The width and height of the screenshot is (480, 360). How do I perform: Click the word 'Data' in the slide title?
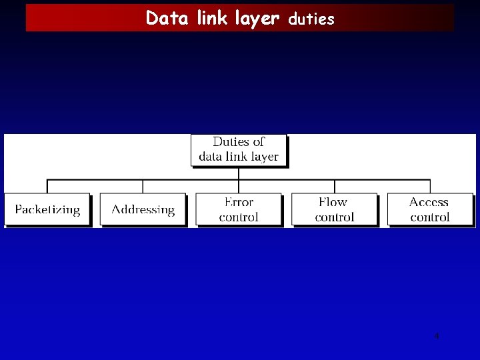(163, 18)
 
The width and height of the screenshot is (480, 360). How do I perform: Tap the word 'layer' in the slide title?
(257, 19)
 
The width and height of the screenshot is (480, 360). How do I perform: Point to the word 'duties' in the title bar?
(311, 19)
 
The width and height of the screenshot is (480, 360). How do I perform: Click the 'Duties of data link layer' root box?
(239, 150)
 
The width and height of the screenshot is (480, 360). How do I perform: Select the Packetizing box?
(47, 209)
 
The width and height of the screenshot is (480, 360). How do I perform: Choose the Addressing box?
(143, 209)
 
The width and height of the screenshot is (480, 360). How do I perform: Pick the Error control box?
(239, 209)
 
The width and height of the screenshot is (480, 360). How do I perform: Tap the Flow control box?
(334, 209)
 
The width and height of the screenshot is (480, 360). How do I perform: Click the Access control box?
(429, 209)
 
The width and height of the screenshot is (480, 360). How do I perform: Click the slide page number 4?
(437, 336)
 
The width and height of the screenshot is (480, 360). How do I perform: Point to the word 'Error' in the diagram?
(239, 202)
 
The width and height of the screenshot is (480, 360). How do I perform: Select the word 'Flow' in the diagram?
(333, 202)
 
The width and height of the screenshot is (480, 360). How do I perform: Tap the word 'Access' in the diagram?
(429, 202)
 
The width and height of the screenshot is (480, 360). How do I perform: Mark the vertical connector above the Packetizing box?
(47, 186)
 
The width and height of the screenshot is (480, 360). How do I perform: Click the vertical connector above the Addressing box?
(143, 186)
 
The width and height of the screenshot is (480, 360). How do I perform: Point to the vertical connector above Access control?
(430, 186)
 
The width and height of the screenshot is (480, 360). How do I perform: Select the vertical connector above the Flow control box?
(335, 186)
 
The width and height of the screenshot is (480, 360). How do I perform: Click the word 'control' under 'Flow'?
(335, 217)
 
